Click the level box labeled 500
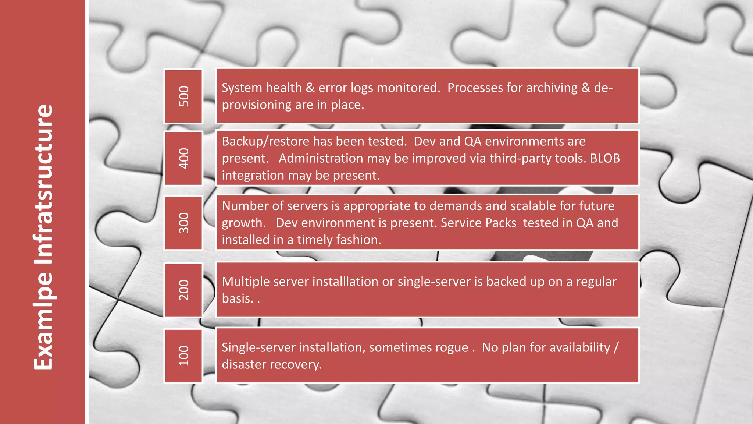(183, 96)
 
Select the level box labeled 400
(183, 158)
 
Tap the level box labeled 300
(183, 223)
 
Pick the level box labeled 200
(183, 290)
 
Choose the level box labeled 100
(183, 356)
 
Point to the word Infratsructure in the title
(44, 184)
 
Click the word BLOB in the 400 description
(605, 158)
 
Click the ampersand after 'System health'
(310, 88)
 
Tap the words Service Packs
(478, 223)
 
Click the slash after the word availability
(616, 347)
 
